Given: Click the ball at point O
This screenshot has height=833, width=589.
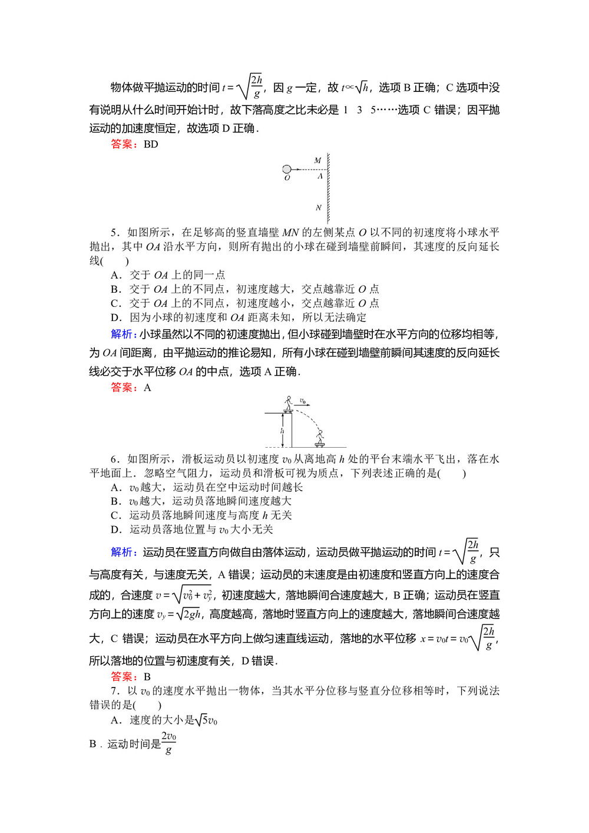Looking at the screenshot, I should point(287,170).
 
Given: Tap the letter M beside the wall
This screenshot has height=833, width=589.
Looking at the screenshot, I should point(317,160).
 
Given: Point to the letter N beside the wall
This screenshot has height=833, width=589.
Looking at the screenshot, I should point(318,207).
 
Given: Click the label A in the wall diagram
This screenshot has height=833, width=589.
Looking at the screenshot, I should point(320,176).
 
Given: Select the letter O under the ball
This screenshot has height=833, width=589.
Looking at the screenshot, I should point(287,178).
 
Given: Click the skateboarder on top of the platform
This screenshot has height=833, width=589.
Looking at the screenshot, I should point(288,404).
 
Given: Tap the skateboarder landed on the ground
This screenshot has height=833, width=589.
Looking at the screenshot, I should point(320,438).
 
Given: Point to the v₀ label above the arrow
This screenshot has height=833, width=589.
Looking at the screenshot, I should point(303,401).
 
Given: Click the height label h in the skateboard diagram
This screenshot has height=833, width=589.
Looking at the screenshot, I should point(282,431).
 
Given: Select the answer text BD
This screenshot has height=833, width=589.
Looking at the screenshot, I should point(151,144).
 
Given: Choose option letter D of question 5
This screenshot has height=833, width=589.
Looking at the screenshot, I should point(115,318).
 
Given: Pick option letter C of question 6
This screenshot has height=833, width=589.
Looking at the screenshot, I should point(115,515).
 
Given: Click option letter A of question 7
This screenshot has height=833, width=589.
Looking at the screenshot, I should point(115,720).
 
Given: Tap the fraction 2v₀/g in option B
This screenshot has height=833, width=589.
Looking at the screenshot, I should point(169,743).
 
